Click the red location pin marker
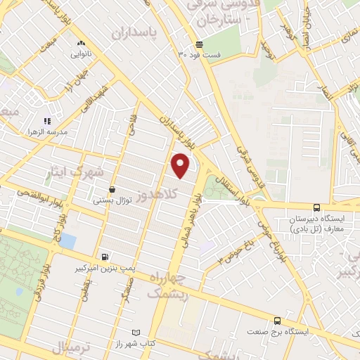pos(181,165)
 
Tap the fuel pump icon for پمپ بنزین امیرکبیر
pos(105,257)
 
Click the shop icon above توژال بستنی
pos(112,189)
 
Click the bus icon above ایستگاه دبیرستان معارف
pos(316,207)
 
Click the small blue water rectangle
pos(67,241)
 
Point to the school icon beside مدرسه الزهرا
pos(48,121)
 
